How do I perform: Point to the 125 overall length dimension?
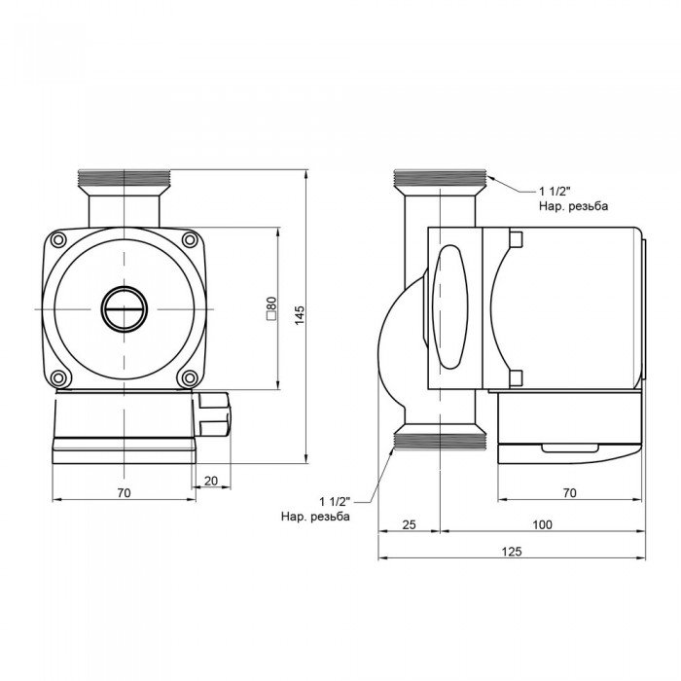pyautogui.click(x=513, y=552)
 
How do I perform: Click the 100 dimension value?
pyautogui.click(x=542, y=524)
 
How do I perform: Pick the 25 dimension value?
pyautogui.click(x=409, y=524)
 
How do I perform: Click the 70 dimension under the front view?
pyautogui.click(x=124, y=493)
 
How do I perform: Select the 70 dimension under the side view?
pyautogui.click(x=569, y=493)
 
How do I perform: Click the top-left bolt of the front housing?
pyautogui.click(x=59, y=238)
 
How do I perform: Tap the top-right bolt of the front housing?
pyautogui.click(x=190, y=238)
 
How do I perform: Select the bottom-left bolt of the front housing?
pyautogui.click(x=59, y=377)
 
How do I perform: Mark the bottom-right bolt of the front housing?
pyautogui.click(x=190, y=377)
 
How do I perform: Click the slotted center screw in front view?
pyautogui.click(x=125, y=308)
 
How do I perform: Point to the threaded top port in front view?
pyautogui.click(x=125, y=179)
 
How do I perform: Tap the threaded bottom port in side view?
pyautogui.click(x=440, y=441)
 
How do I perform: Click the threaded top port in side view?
pyautogui.click(x=440, y=179)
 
